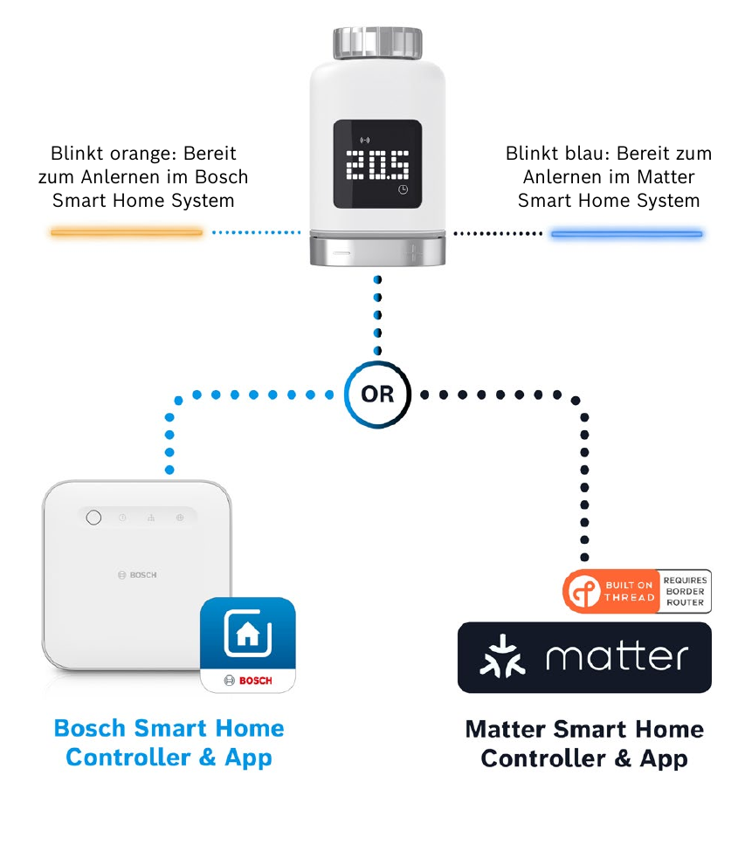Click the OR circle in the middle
(377, 395)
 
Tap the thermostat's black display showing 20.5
(377, 164)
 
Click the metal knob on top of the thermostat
(377, 43)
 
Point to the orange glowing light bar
(127, 232)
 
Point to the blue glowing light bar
(627, 234)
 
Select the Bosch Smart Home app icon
(248, 645)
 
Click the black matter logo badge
(584, 657)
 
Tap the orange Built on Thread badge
(610, 592)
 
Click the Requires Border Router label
(686, 592)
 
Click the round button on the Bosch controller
(93, 518)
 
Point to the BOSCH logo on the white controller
(137, 574)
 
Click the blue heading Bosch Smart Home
(169, 728)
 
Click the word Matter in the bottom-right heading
(506, 730)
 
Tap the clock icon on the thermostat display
(403, 189)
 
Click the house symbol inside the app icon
(248, 634)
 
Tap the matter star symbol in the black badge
(503, 656)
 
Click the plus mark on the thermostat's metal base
(413, 253)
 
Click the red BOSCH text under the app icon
(256, 681)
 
